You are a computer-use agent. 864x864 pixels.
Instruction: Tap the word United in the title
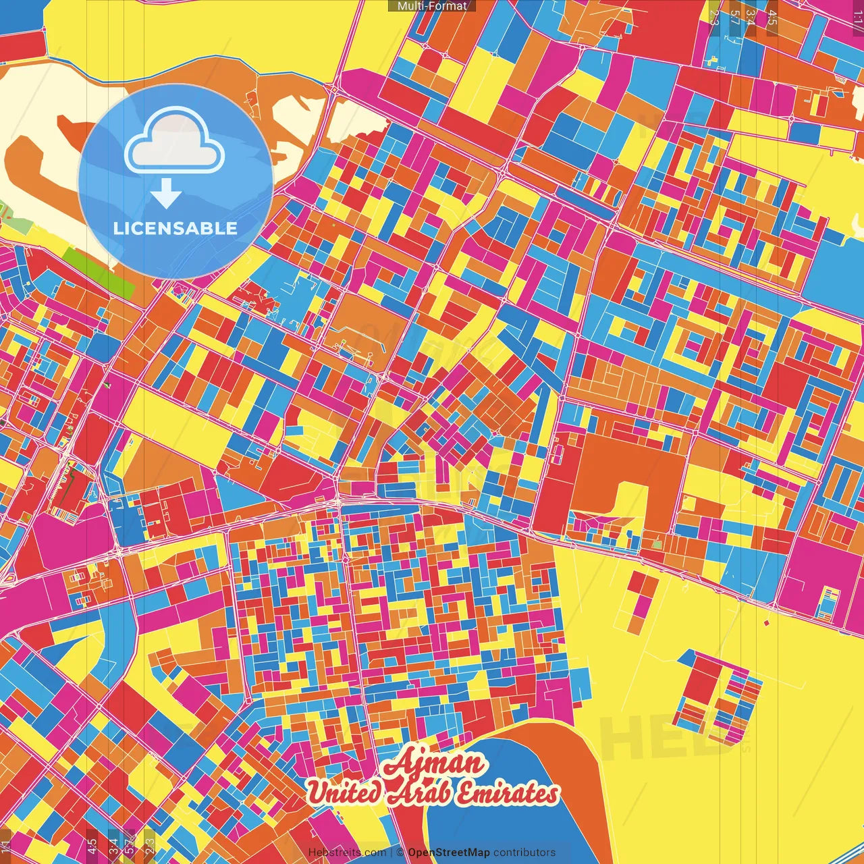pyautogui.click(x=344, y=792)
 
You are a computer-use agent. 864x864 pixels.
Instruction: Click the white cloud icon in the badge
pyautogui.click(x=174, y=143)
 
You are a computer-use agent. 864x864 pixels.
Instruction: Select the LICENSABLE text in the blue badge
pyautogui.click(x=175, y=228)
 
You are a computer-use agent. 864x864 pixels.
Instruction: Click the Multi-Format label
pyautogui.click(x=432, y=6)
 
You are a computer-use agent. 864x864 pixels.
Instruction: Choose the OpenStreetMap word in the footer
pyautogui.click(x=449, y=853)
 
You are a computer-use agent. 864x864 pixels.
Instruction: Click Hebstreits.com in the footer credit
pyautogui.click(x=347, y=853)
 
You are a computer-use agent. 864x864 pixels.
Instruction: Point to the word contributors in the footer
pyautogui.click(x=524, y=853)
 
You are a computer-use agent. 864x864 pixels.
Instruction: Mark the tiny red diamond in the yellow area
pyautogui.click(x=766, y=622)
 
